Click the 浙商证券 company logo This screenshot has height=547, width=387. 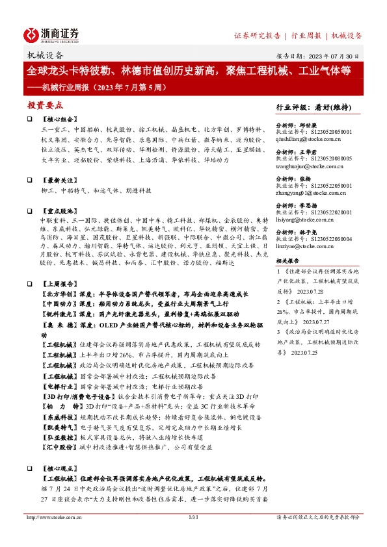51,34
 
